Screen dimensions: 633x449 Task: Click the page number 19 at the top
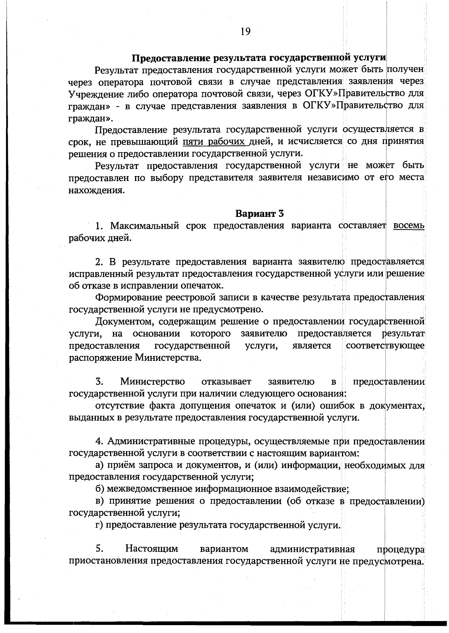245,31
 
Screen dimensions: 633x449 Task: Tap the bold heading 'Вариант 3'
260,213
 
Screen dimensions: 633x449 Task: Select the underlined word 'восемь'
409,226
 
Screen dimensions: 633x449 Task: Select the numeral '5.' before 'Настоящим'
99,549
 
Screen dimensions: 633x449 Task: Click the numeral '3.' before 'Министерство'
99,382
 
